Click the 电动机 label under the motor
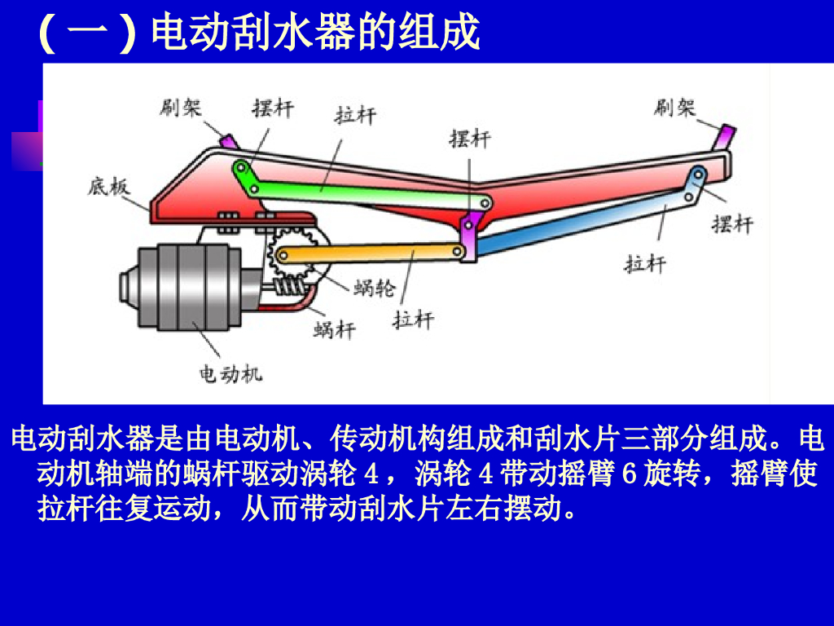pos(231,374)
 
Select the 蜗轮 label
pos(375,287)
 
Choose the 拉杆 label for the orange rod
pos(413,319)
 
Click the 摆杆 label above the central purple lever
pos(470,139)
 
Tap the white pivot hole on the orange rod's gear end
pos(283,256)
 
